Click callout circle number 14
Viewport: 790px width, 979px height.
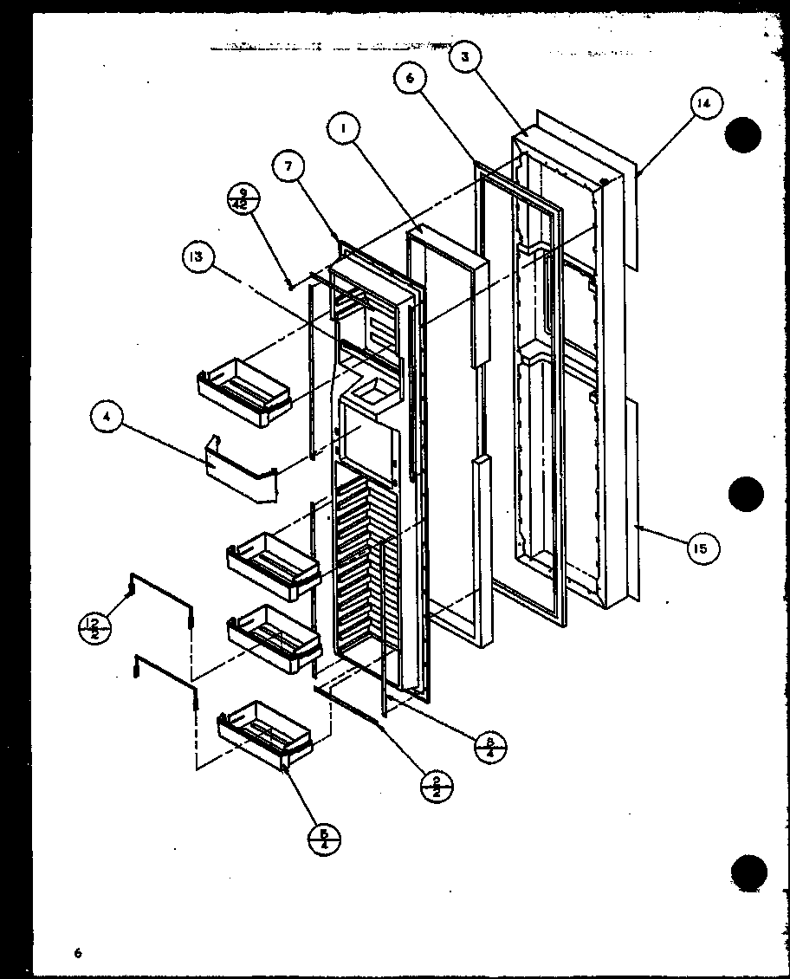pyautogui.click(x=703, y=103)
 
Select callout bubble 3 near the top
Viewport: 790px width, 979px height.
pyautogui.click(x=464, y=57)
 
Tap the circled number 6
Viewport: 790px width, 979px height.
pyautogui.click(x=410, y=78)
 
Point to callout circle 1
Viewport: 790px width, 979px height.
pyautogui.click(x=344, y=129)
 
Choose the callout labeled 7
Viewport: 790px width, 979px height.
pyautogui.click(x=288, y=167)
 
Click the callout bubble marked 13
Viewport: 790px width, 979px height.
pyautogui.click(x=199, y=257)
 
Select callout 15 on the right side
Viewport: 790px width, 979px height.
pyautogui.click(x=701, y=548)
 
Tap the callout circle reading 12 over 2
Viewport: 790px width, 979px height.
pyautogui.click(x=94, y=626)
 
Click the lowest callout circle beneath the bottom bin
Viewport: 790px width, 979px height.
pyautogui.click(x=323, y=839)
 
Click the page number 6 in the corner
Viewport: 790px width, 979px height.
pyautogui.click(x=77, y=954)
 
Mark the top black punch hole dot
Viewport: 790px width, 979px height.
pyautogui.click(x=744, y=135)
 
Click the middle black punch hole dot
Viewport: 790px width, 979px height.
pyautogui.click(x=746, y=494)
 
